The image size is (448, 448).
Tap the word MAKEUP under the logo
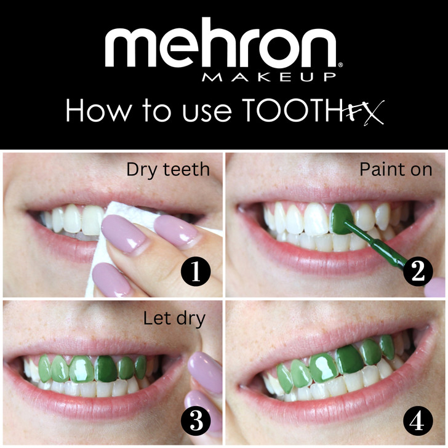tap(269, 77)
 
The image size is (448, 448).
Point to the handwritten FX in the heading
tap(366, 112)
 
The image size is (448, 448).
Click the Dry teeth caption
tap(168, 170)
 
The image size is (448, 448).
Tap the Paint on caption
tap(396, 169)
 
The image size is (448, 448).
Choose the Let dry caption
tap(174, 318)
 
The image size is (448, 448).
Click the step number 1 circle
tap(196, 271)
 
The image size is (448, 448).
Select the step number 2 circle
tap(418, 271)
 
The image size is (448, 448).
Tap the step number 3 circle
tap(196, 421)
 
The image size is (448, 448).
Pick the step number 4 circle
tap(418, 421)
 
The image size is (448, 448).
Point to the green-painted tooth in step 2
tap(342, 218)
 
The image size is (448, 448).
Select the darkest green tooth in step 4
tap(349, 359)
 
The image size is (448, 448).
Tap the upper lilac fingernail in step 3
tap(206, 372)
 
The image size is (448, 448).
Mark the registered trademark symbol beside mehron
tap(340, 65)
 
